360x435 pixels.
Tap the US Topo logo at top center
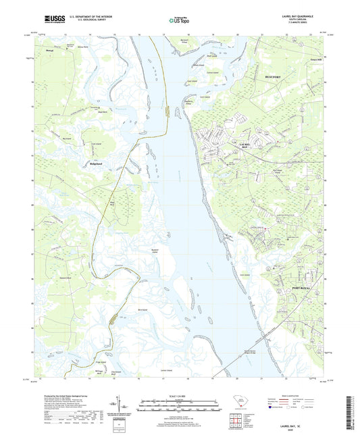pos(178,22)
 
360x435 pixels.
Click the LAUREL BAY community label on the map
pos(245,145)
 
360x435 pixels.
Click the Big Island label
pos(66,138)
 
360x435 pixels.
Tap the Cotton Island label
pos(212,72)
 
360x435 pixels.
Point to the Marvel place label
pos(49,51)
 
